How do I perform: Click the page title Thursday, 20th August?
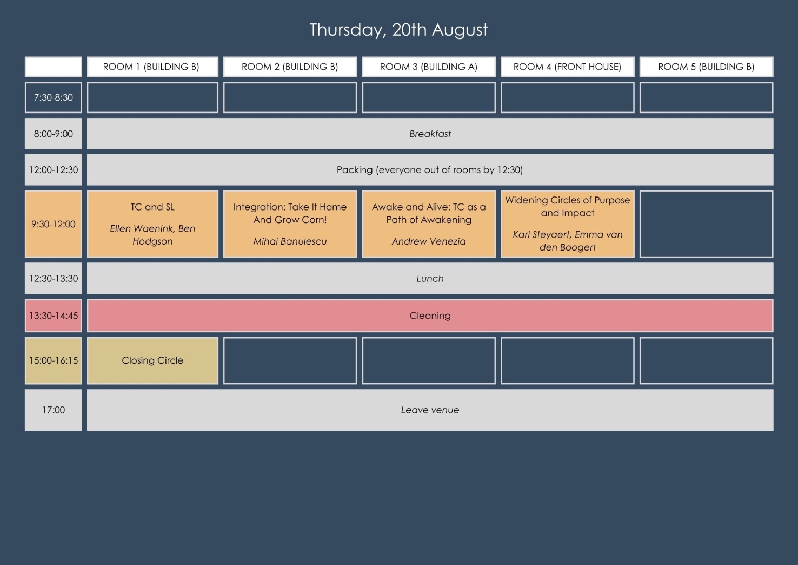coord(398,30)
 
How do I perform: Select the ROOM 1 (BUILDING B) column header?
coord(152,67)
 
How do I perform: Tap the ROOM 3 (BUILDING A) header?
coord(429,67)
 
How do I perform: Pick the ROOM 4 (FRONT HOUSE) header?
coord(568,67)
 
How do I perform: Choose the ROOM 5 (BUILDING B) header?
coord(706,67)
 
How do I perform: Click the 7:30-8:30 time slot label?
coord(54,97)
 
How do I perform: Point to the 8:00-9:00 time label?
coord(54,134)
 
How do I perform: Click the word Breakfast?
coord(430,134)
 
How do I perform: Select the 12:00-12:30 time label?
coord(54,170)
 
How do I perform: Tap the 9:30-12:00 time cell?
coord(54,224)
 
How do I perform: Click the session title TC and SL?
coord(152,207)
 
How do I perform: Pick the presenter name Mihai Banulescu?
coord(290,241)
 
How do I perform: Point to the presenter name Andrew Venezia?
coord(429,241)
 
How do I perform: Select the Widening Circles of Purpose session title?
coord(568,207)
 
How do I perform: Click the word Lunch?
coord(430,278)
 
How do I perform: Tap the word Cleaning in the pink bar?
coord(430,316)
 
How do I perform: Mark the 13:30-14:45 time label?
coord(54,316)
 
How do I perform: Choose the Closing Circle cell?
coord(152,360)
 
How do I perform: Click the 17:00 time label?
coord(54,410)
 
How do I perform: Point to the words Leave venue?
coord(430,410)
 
